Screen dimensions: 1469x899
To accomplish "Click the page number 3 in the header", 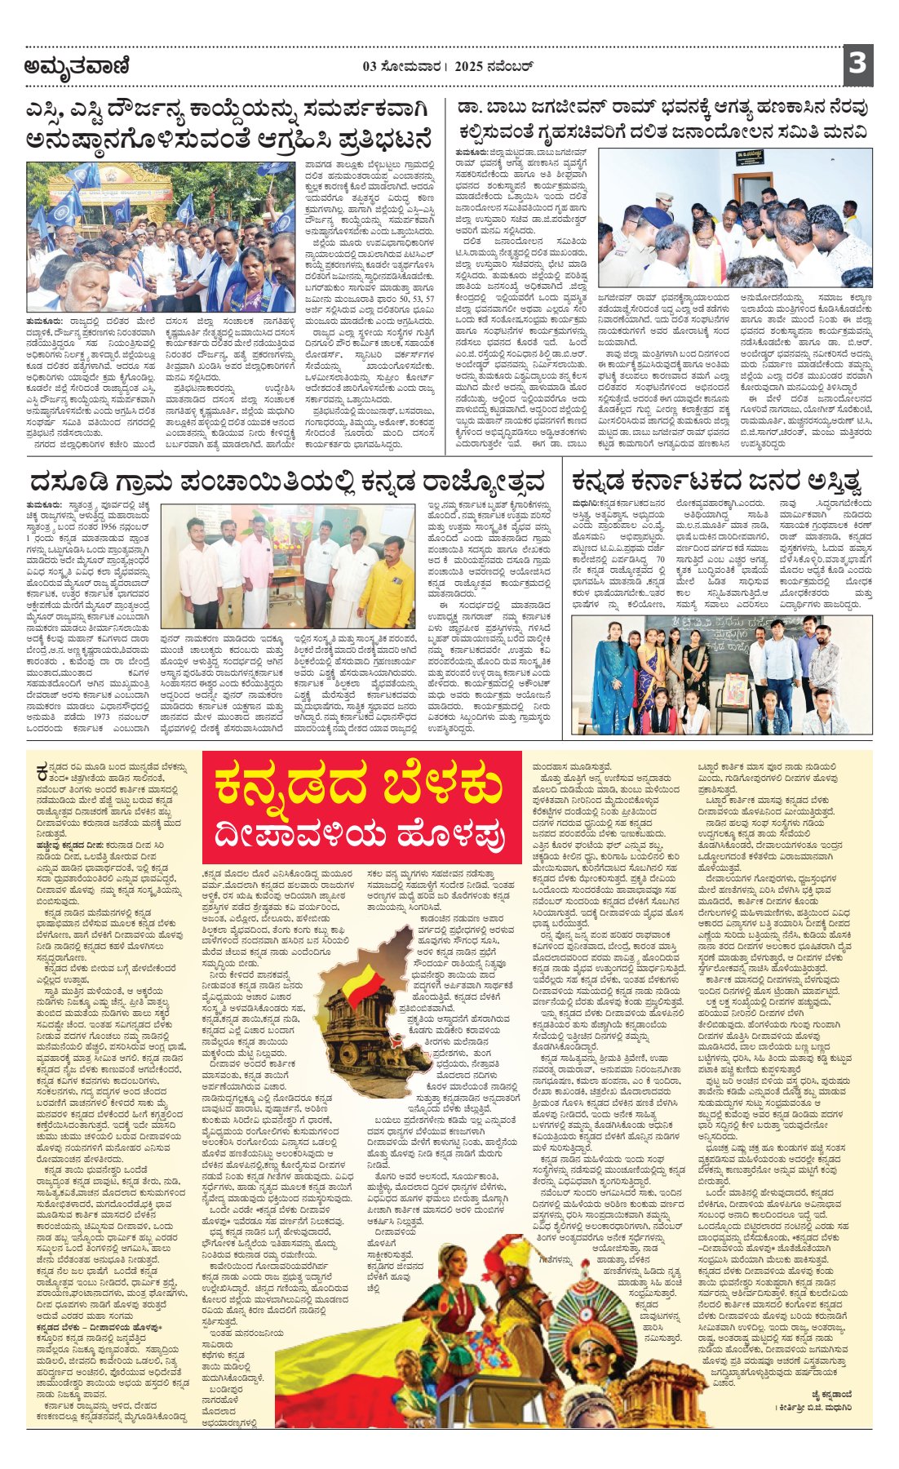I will tap(857, 63).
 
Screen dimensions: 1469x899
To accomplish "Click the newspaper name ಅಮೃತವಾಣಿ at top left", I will tap(77, 66).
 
